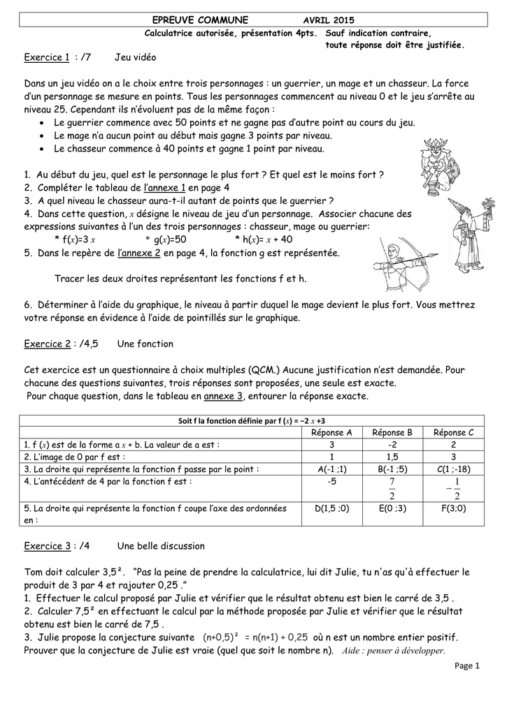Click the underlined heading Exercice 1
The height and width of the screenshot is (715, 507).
[47, 57]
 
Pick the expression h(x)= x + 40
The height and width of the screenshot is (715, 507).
[268, 240]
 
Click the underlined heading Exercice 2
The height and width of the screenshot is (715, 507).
[47, 344]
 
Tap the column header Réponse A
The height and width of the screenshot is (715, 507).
[331, 433]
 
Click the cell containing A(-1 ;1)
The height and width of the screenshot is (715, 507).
[331, 469]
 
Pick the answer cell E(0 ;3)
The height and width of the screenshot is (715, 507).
[392, 508]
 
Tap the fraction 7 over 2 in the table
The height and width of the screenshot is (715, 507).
[392, 489]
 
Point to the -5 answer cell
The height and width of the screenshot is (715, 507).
[331, 482]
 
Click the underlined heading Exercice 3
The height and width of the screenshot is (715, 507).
[47, 545]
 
